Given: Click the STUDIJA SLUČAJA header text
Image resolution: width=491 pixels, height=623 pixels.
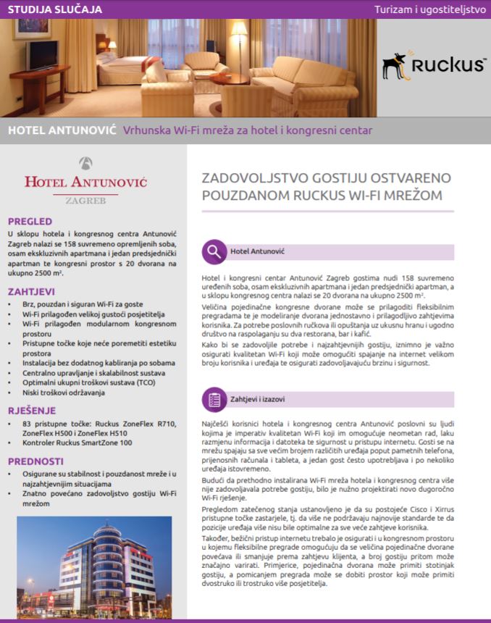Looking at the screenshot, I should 55,9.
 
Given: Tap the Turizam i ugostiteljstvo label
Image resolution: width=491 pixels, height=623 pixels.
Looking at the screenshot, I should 429,9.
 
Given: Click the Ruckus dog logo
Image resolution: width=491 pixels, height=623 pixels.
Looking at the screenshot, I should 395,65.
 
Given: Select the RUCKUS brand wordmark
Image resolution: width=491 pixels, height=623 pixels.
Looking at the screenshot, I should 448,65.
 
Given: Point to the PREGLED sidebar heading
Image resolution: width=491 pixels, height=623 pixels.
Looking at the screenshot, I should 30,221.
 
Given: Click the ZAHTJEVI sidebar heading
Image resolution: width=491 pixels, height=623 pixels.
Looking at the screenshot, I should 31,291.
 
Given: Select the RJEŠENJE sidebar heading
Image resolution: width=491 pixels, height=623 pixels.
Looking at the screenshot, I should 32,409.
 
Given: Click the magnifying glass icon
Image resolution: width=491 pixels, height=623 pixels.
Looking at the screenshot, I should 214,251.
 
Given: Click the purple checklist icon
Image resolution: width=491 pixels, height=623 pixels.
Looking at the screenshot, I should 214,398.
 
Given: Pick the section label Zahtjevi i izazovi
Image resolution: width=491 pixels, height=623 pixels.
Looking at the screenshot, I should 257,399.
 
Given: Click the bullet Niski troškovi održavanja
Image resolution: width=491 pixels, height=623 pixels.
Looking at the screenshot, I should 64,392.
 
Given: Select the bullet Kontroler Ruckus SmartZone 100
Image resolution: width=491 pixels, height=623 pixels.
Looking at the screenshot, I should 77,442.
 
